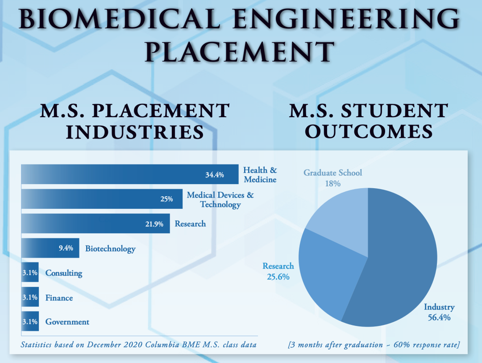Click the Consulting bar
[x=30, y=272]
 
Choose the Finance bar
[x=30, y=297]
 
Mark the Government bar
[x=30, y=321]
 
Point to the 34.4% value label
[x=215, y=175]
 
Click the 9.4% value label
[x=66, y=248]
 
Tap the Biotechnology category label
[x=110, y=249]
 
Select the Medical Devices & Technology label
[x=220, y=200]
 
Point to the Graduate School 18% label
[x=333, y=178]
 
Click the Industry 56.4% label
[x=439, y=312]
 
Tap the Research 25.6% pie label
[x=278, y=271]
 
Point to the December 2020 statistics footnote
[x=138, y=344]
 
